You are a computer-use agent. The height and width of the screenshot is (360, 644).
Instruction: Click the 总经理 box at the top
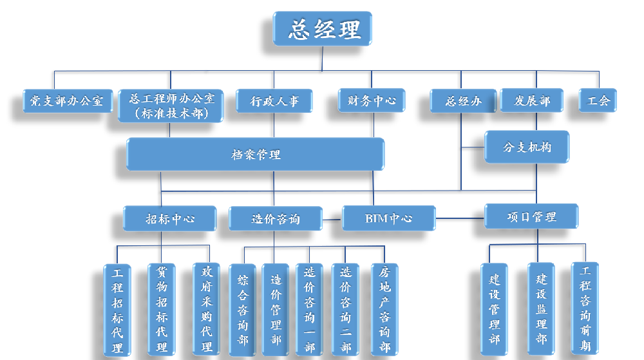coord(322,29)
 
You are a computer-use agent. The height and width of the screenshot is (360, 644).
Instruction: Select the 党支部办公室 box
coord(67,101)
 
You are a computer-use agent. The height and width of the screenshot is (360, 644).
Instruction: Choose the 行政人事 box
coord(274,101)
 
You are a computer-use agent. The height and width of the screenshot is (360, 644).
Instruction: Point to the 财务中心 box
coord(372,100)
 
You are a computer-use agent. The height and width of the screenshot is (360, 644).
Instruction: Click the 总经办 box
coord(463,101)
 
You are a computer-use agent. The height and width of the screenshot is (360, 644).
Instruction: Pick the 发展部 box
coord(532,101)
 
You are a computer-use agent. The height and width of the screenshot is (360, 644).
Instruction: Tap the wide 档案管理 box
coord(256,155)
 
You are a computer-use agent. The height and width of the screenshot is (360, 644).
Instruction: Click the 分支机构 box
coord(527,147)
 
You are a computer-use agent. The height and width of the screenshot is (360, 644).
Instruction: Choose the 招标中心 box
coord(169,218)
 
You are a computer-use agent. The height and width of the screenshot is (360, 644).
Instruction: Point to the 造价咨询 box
coord(276,218)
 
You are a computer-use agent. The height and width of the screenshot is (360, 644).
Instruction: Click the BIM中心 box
coord(388,218)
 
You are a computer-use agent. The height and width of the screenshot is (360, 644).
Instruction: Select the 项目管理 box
coord(531,216)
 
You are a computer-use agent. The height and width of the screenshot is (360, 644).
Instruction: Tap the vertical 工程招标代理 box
coord(117,310)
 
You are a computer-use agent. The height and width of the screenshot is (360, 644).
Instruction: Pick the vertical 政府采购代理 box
coord(206,310)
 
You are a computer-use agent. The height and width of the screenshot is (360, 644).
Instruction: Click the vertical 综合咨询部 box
coord(242,310)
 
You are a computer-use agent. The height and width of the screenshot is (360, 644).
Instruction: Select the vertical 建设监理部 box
coord(541,308)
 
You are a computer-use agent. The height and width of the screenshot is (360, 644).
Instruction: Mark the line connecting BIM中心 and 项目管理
coord(460,218)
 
